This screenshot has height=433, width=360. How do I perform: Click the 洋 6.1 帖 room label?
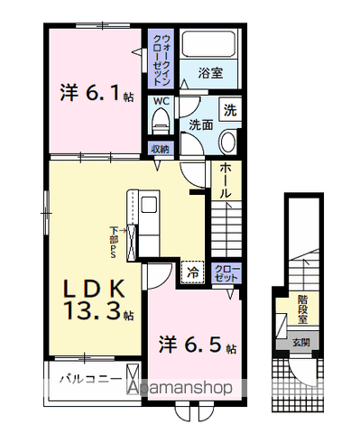click(x=97, y=93)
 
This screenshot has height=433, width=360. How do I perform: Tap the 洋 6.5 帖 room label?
click(x=198, y=345)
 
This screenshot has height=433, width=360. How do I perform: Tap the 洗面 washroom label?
click(x=200, y=125)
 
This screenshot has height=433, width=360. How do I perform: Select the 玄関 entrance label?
click(x=300, y=343)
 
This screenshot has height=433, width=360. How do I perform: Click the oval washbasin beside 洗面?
click(x=227, y=141)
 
